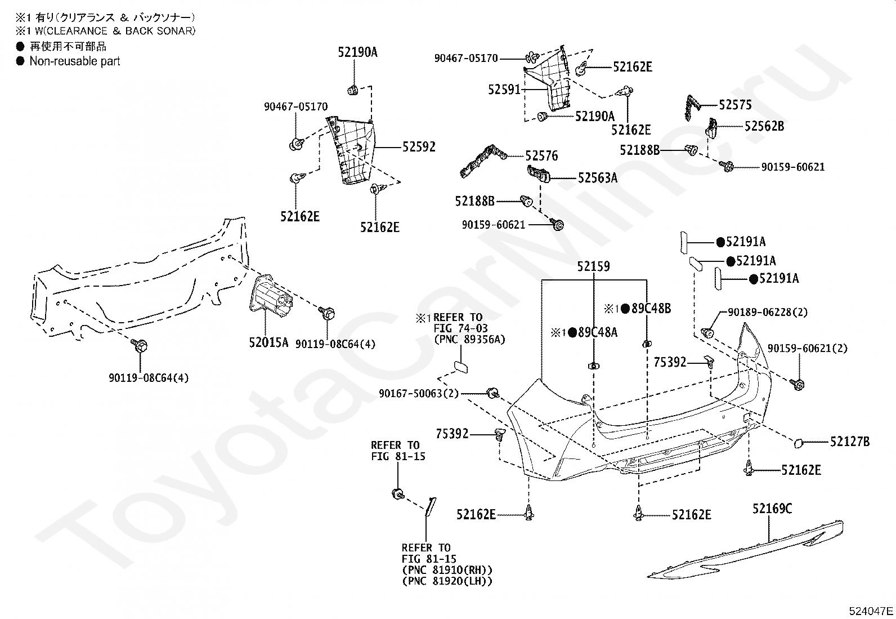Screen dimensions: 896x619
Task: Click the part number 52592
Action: (418, 147)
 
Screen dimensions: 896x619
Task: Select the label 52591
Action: (504, 90)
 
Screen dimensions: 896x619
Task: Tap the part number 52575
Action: (735, 105)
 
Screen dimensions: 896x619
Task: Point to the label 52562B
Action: (764, 126)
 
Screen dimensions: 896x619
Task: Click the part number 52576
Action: (541, 156)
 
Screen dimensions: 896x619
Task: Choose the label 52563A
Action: (598, 178)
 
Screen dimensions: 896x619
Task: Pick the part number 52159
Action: (593, 266)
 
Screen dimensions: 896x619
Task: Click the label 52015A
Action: (268, 343)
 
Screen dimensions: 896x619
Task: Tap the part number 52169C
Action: (772, 509)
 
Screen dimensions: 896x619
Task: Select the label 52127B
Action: (850, 442)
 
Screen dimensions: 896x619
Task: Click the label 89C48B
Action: (651, 308)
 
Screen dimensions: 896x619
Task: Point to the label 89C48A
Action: (598, 332)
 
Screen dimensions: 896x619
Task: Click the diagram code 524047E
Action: (871, 611)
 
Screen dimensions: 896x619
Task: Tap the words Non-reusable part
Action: (75, 61)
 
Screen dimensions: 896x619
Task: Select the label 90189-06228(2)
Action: (768, 312)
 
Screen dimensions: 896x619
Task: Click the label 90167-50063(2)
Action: (419, 394)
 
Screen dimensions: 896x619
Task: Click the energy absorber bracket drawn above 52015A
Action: (270, 297)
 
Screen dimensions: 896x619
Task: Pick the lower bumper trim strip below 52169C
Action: (744, 550)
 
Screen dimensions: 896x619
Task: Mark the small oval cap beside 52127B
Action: (798, 443)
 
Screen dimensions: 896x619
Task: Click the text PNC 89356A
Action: (469, 340)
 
